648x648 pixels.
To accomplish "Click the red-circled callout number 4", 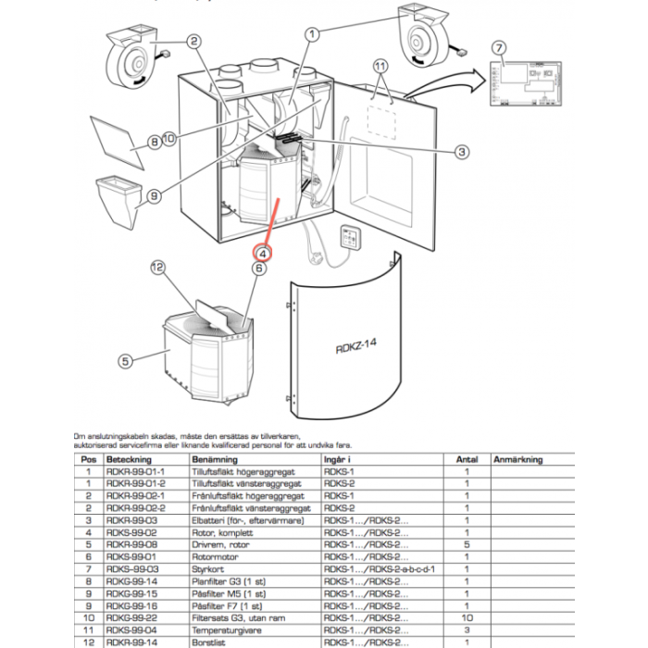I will (x=263, y=252).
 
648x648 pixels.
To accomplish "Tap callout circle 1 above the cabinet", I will (x=312, y=34).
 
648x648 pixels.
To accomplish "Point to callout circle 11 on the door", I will (x=379, y=66).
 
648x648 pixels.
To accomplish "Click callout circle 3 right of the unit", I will (x=463, y=152).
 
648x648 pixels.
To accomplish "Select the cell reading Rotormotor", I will (x=211, y=556).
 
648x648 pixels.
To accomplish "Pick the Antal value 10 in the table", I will (x=467, y=617).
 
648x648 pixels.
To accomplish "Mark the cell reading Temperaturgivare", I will (x=220, y=629).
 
